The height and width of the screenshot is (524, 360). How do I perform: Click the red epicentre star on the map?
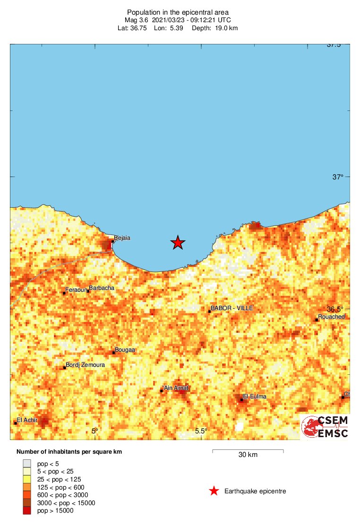point(178,242)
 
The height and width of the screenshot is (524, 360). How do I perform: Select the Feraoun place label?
point(76,290)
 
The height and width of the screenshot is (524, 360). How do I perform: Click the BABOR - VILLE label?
point(231,308)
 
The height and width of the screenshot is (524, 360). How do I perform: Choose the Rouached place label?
point(332,317)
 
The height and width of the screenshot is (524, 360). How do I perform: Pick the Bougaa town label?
point(125,350)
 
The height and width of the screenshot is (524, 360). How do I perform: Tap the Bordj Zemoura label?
point(85,365)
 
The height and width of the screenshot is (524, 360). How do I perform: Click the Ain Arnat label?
point(176,388)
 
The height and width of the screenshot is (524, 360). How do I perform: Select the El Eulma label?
point(255,397)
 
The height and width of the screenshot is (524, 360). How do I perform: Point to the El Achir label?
point(27,420)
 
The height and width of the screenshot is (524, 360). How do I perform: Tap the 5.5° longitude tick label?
point(201,431)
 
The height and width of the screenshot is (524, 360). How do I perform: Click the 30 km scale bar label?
point(248,455)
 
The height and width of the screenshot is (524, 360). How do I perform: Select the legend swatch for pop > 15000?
point(27,511)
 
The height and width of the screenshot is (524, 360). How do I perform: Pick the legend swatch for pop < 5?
point(27,464)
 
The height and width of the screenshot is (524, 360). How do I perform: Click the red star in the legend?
point(214,491)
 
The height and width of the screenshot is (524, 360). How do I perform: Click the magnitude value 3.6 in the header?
point(143,20)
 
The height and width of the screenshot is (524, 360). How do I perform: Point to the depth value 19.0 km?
point(221,28)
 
